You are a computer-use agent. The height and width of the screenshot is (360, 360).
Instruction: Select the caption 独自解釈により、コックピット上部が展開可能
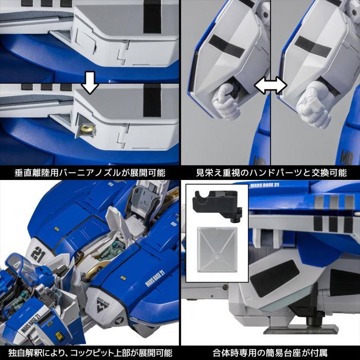[x=90, y=353]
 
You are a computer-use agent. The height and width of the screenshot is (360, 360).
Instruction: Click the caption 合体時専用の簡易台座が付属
[x=270, y=353]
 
